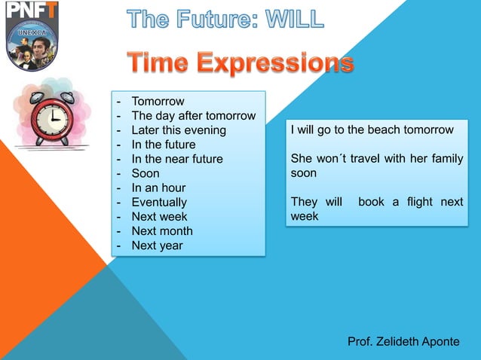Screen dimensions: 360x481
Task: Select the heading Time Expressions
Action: click(240, 63)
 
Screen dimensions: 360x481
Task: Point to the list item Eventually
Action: click(159, 203)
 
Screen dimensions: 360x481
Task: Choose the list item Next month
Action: click(162, 231)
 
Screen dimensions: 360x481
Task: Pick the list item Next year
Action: click(157, 246)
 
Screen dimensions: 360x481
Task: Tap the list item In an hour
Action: click(158, 188)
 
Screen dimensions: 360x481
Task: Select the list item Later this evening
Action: click(179, 130)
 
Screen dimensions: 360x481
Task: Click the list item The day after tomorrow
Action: click(193, 116)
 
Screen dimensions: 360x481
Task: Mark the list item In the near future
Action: click(177, 160)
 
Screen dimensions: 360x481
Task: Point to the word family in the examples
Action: click(444, 159)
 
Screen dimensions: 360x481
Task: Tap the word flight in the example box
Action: click(419, 203)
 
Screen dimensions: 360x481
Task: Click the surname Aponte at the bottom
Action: click(440, 341)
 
